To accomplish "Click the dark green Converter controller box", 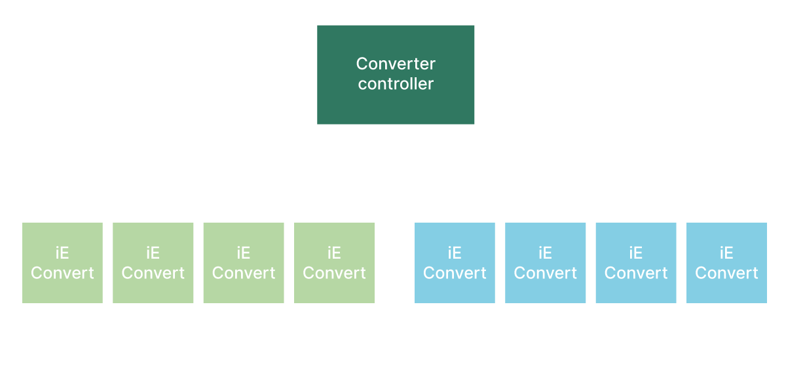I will coord(396,74).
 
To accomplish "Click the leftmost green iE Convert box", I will coord(62,263).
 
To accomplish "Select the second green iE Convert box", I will coord(153,263).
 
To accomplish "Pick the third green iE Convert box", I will coord(244,263).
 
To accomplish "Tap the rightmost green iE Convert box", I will coord(334,263).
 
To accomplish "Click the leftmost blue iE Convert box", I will coord(455,263).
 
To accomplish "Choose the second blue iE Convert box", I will coord(545,263).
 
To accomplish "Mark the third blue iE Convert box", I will coord(635,263).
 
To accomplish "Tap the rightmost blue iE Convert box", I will coord(726,263).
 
